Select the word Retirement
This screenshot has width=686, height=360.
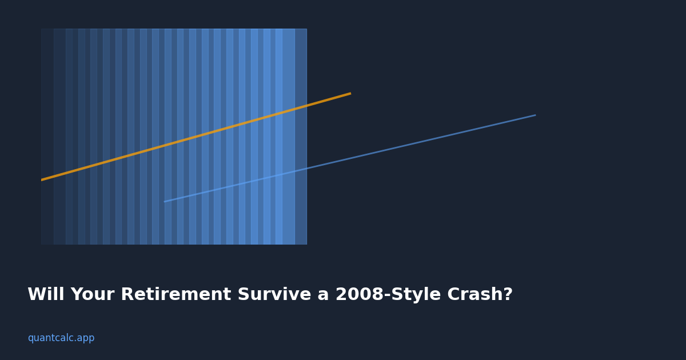(x=176, y=295)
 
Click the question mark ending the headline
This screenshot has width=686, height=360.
(x=508, y=295)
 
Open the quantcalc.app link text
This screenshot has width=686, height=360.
(x=61, y=338)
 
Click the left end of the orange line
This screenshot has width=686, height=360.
(x=42, y=179)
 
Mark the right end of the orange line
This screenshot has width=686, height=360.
(x=350, y=94)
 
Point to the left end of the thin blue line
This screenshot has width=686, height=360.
(x=165, y=201)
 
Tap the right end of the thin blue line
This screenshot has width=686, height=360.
(x=535, y=115)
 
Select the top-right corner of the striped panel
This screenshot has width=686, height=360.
(x=306, y=29)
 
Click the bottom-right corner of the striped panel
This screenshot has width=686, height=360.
(x=306, y=244)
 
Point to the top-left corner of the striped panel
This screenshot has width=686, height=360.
(x=41, y=29)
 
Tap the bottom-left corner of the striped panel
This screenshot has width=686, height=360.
(x=41, y=244)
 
